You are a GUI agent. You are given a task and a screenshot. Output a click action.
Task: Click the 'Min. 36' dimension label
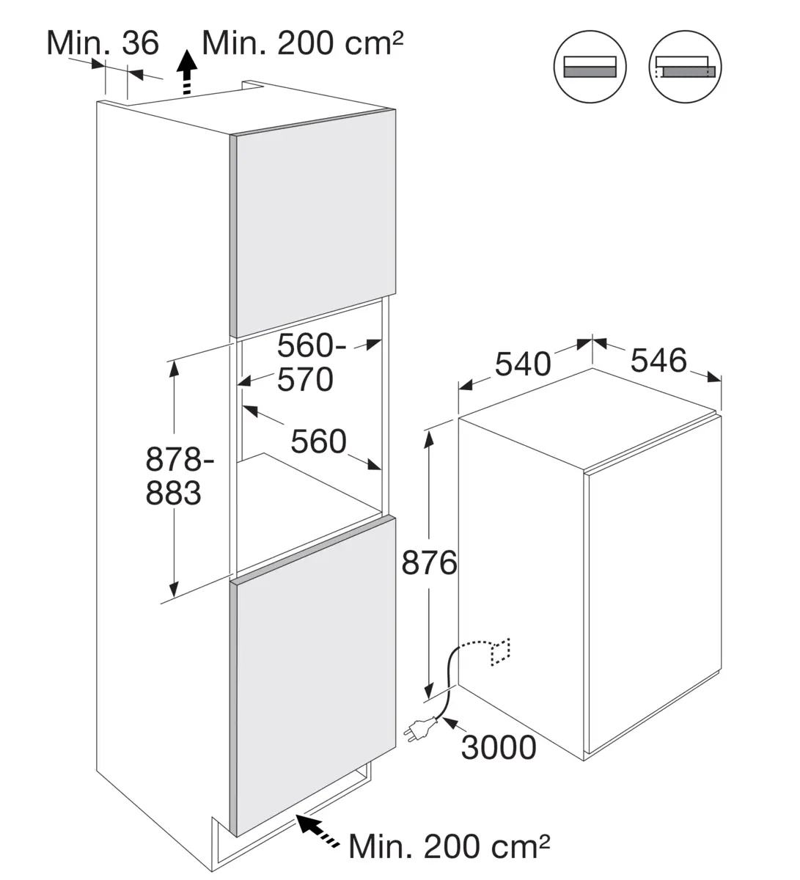tap(103, 43)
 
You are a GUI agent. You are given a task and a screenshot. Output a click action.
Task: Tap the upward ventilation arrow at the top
tap(187, 72)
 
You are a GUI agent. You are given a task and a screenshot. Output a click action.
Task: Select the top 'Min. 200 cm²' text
tap(302, 43)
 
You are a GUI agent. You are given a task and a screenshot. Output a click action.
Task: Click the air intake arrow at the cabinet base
tap(318, 830)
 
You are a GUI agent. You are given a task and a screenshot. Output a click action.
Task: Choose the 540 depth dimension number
tap(523, 364)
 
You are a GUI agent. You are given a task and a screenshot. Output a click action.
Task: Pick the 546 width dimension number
tap(658, 361)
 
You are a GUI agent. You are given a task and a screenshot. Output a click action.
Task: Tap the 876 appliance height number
tap(429, 563)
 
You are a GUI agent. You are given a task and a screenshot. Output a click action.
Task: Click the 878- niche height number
tap(180, 459)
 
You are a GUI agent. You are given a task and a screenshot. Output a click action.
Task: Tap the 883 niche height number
tap(173, 493)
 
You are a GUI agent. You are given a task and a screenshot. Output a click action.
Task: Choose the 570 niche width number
tap(305, 379)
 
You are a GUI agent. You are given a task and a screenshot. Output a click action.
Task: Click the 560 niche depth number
tap(318, 441)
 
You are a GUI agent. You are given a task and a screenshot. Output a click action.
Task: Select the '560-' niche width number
tap(312, 345)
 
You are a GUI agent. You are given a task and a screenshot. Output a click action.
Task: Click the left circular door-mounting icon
tap(590, 67)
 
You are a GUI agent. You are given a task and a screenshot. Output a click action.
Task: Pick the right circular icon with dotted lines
tap(685, 67)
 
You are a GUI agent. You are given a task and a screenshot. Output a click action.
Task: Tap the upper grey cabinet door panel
tap(312, 224)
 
